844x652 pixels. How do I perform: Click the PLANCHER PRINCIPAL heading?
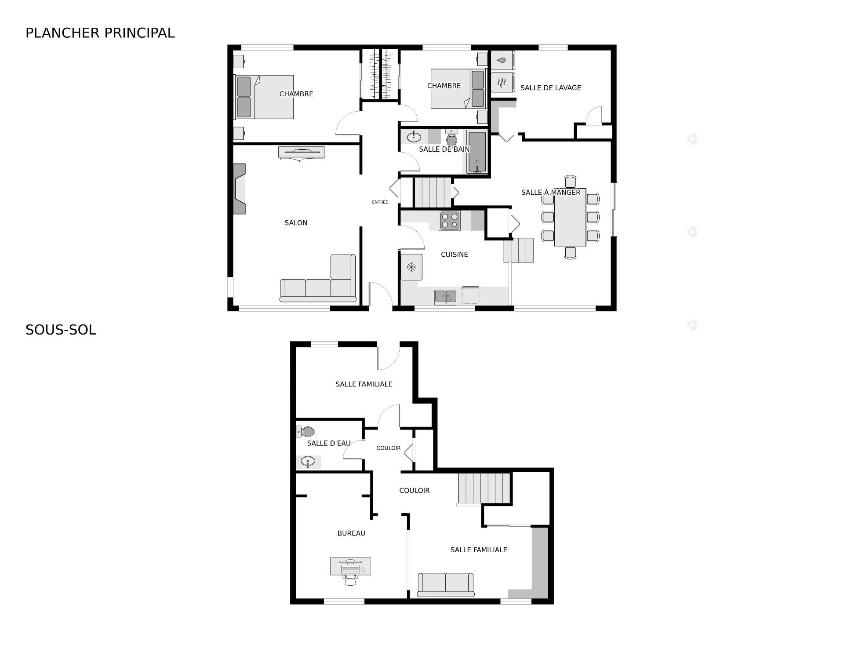(100, 33)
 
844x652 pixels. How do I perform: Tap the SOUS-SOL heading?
(61, 330)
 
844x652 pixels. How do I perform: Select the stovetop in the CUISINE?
(449, 221)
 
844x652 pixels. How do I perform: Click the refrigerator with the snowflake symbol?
(411, 267)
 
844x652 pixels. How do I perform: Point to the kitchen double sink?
(446, 297)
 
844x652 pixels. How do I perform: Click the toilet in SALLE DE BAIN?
(451, 138)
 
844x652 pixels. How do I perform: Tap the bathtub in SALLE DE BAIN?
(477, 152)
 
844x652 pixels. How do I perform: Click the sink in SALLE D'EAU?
(308, 462)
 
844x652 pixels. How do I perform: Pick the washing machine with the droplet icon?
(502, 60)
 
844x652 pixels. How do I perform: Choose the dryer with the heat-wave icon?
(502, 81)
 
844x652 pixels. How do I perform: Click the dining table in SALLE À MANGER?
(570, 220)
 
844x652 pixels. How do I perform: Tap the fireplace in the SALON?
(239, 189)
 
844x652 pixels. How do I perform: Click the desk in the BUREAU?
(350, 566)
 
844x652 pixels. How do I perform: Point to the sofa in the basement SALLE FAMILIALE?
(445, 585)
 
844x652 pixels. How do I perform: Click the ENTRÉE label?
(380, 202)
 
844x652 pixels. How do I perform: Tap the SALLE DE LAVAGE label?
(550, 88)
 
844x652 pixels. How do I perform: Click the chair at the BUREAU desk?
(350, 580)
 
